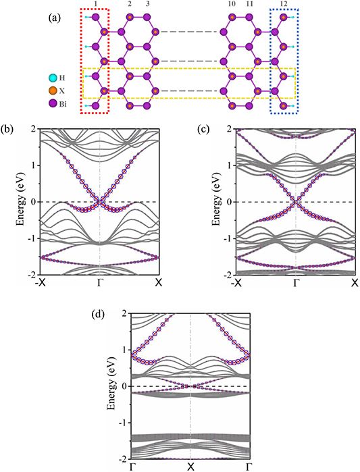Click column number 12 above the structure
pyautogui.click(x=283, y=5)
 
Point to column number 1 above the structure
pyautogui.click(x=96, y=5)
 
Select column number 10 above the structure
pyautogui.click(x=232, y=5)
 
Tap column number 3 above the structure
pyautogui.click(x=147, y=5)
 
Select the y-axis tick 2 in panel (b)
pyautogui.click(x=34, y=129)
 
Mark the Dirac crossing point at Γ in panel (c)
pyautogui.click(x=295, y=202)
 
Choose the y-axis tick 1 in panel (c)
pyautogui.click(x=230, y=165)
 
